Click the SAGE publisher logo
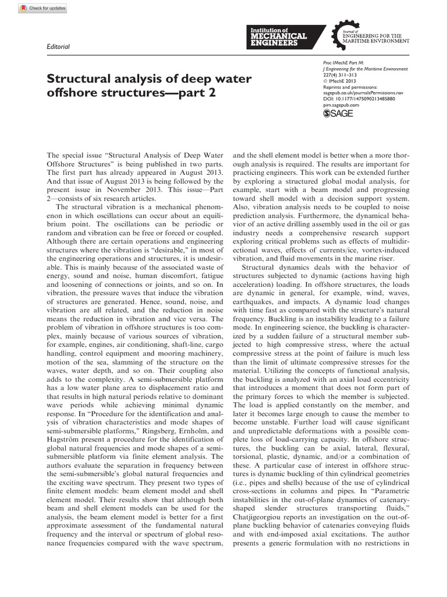pos(338,114)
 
